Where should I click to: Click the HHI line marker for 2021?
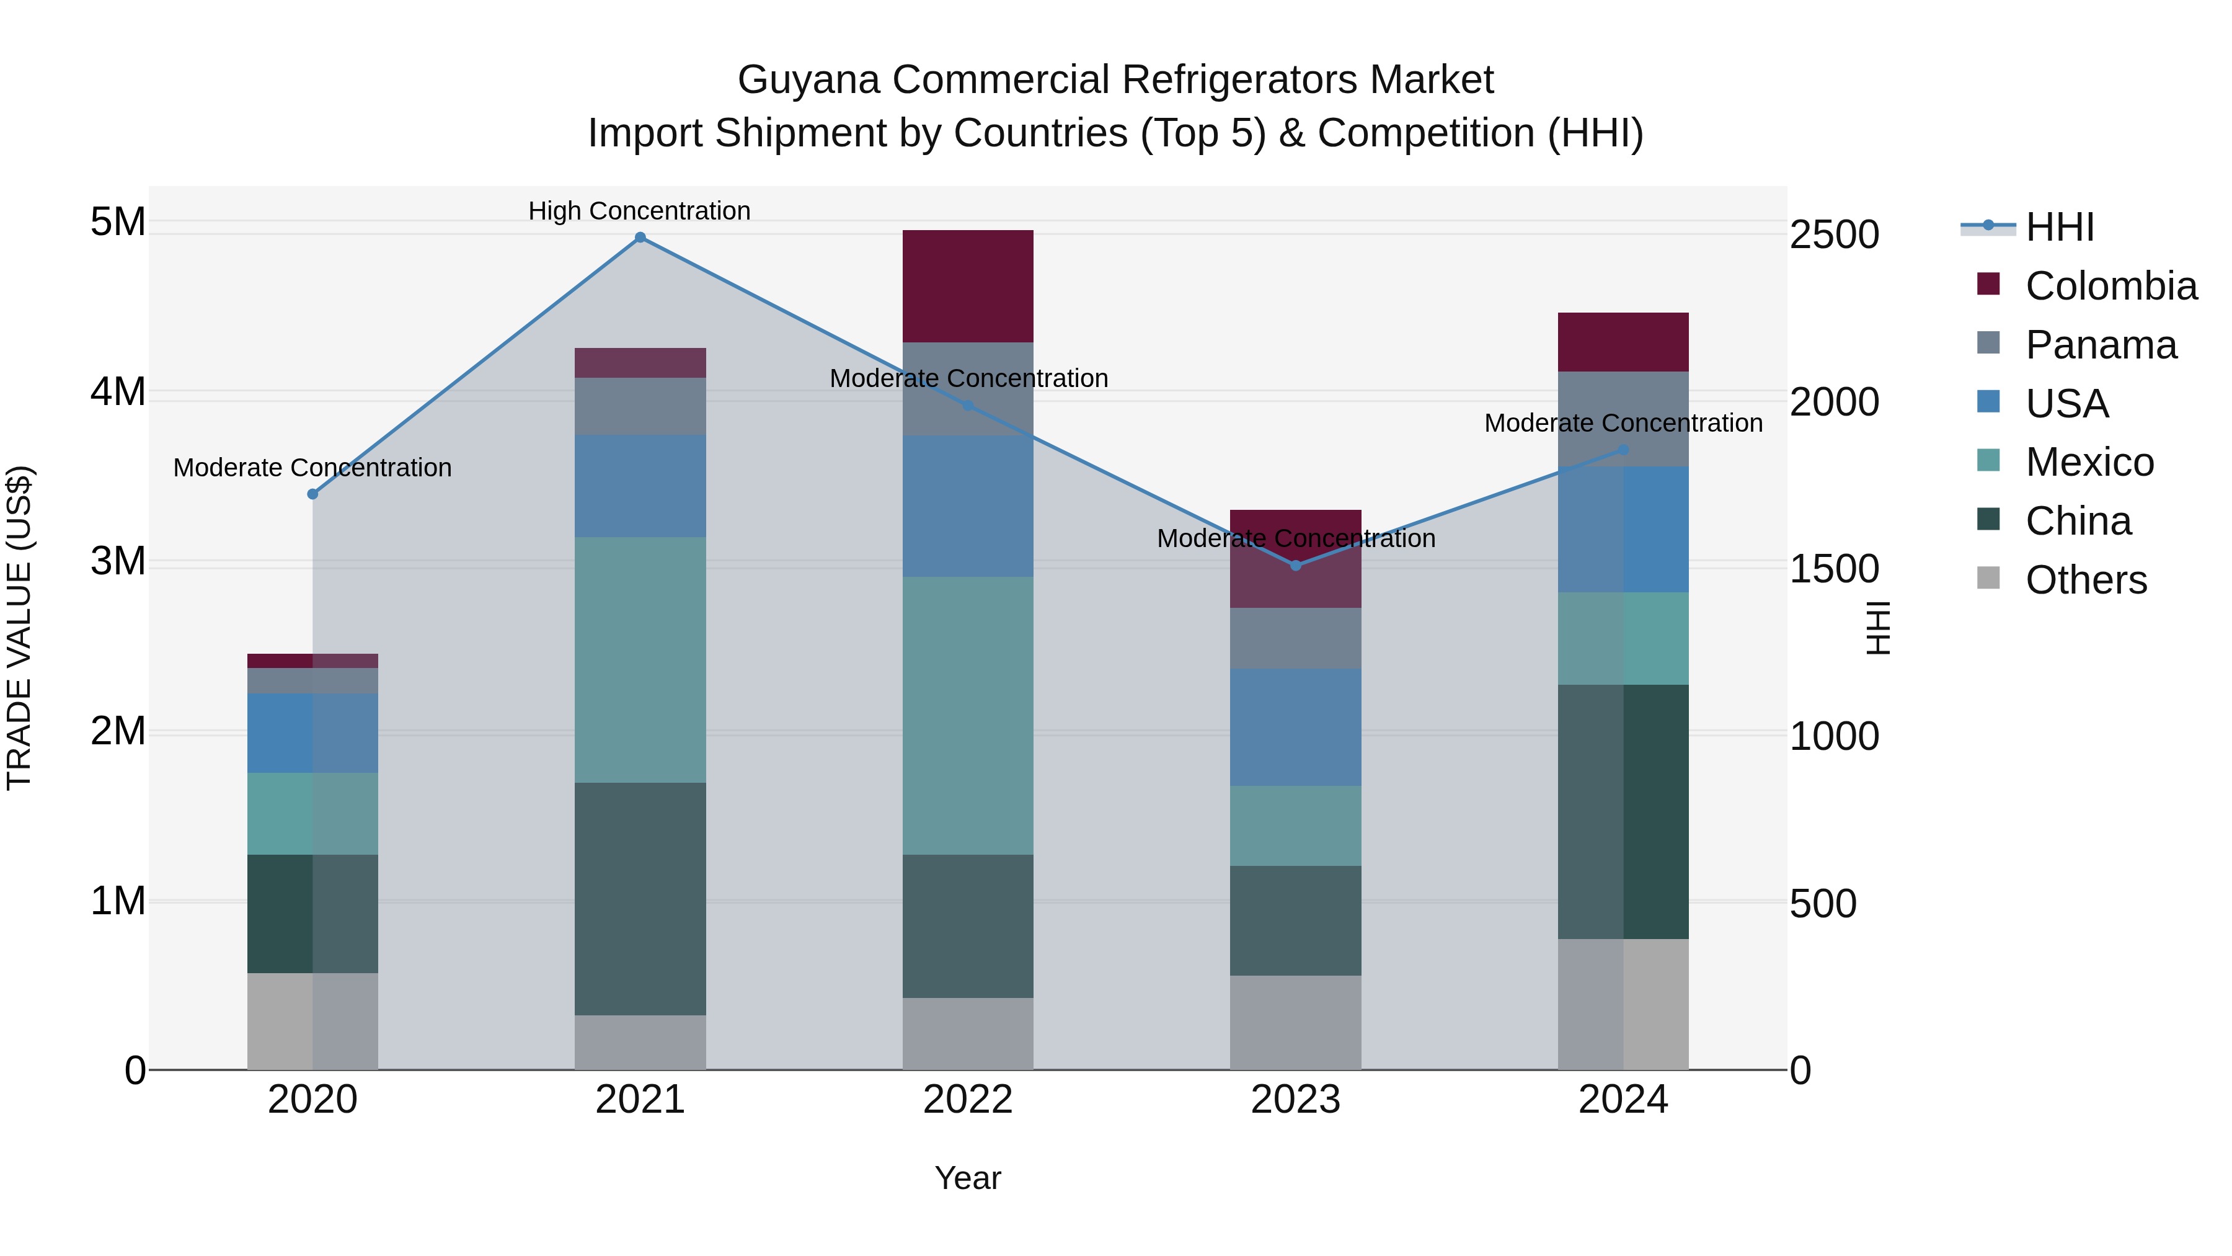tap(640, 238)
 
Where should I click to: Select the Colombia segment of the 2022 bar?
tap(968, 286)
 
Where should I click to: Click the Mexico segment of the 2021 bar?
tap(640, 660)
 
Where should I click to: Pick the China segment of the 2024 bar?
tap(1623, 811)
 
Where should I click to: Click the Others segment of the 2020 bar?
tap(313, 1021)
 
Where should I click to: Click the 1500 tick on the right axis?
tap(1833, 569)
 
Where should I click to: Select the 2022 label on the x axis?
tap(968, 1100)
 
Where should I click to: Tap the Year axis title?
tap(968, 1178)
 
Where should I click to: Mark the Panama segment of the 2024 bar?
tap(1623, 419)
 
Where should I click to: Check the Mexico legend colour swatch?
tap(1988, 460)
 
